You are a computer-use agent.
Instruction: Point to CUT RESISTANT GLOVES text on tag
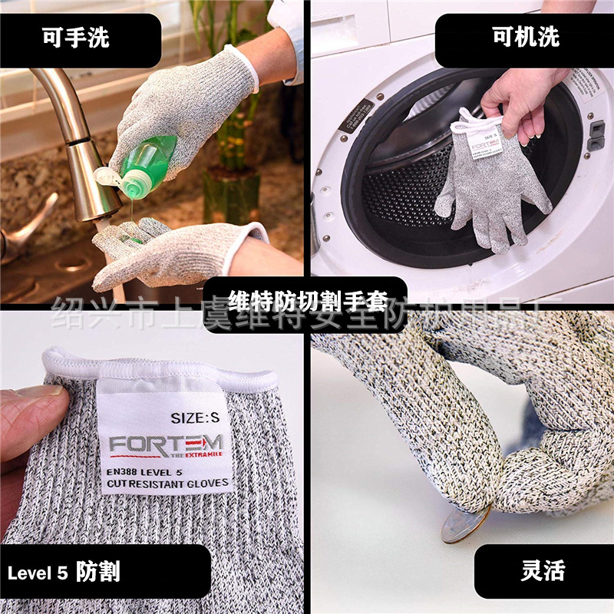coord(167,484)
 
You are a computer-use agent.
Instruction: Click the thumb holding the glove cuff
coord(31,414)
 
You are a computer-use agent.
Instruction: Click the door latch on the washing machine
coord(596,134)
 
